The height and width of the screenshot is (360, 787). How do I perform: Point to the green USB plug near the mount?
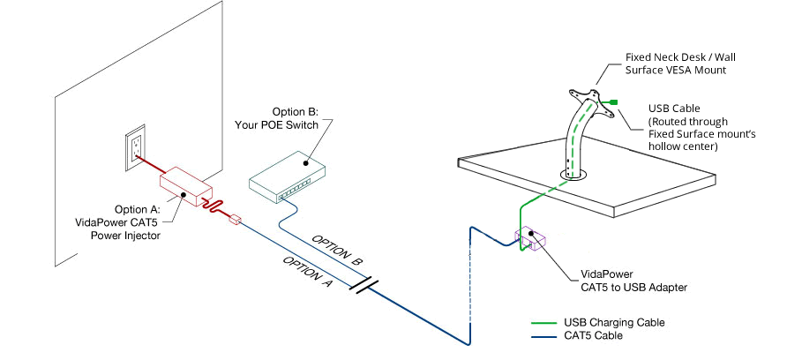[612, 103]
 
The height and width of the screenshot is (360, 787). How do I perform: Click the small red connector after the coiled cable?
[235, 219]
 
